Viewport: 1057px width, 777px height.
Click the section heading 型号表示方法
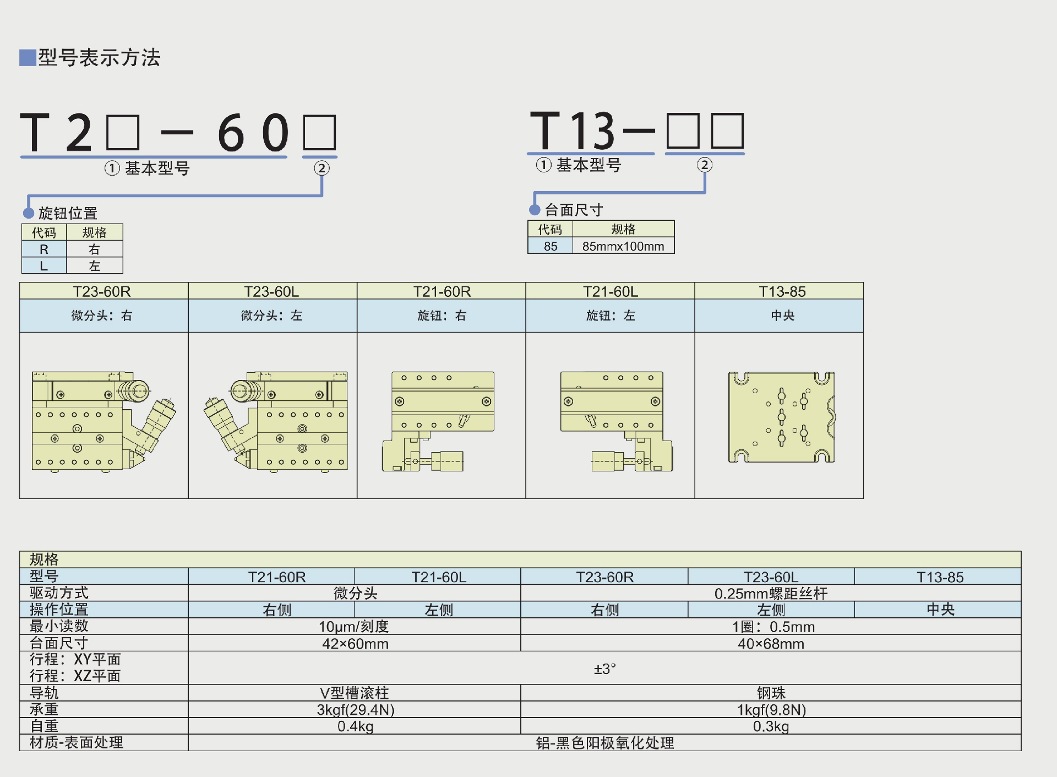click(99, 58)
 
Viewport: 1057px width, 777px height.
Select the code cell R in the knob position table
click(44, 249)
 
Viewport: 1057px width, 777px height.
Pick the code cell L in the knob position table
click(44, 266)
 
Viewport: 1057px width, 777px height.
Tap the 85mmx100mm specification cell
click(623, 246)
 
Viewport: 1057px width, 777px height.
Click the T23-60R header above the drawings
click(102, 291)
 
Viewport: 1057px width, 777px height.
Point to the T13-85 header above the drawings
click(782, 291)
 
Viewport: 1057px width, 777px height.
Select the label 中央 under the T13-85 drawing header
click(782, 316)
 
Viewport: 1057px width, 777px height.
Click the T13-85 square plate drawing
click(781, 417)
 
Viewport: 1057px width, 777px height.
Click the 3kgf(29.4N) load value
click(356, 710)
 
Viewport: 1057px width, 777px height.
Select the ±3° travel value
click(604, 669)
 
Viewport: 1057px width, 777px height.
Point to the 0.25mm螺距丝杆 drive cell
click(771, 594)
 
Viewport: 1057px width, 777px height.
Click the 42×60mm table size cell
click(356, 644)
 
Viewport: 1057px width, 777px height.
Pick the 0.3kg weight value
click(771, 726)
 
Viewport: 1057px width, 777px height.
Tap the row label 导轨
click(44, 693)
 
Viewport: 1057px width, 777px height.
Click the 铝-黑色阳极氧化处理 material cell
click(604, 743)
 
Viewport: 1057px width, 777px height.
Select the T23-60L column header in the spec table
click(771, 577)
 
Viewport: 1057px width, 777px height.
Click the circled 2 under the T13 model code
click(705, 165)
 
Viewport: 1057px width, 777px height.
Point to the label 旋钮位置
click(68, 213)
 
